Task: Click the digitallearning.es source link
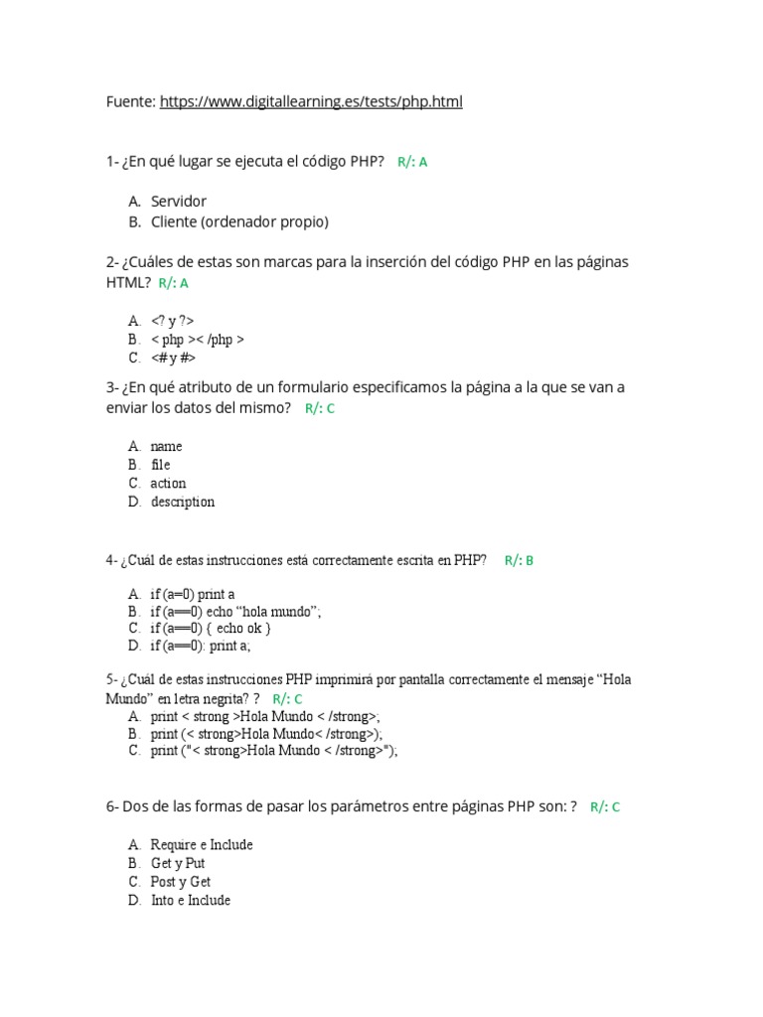310,101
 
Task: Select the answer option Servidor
179,201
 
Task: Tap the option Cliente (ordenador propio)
239,221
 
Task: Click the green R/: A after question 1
412,162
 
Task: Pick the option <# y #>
174,358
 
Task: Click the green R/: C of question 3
320,408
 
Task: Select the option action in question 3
168,483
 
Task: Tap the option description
183,502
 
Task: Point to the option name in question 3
166,446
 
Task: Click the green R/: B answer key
519,560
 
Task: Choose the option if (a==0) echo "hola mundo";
235,610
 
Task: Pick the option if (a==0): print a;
201,647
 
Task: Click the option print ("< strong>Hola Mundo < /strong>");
273,751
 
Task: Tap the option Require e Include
202,844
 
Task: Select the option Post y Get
181,881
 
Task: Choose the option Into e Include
191,900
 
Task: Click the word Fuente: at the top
130,101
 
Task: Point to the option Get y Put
178,863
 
